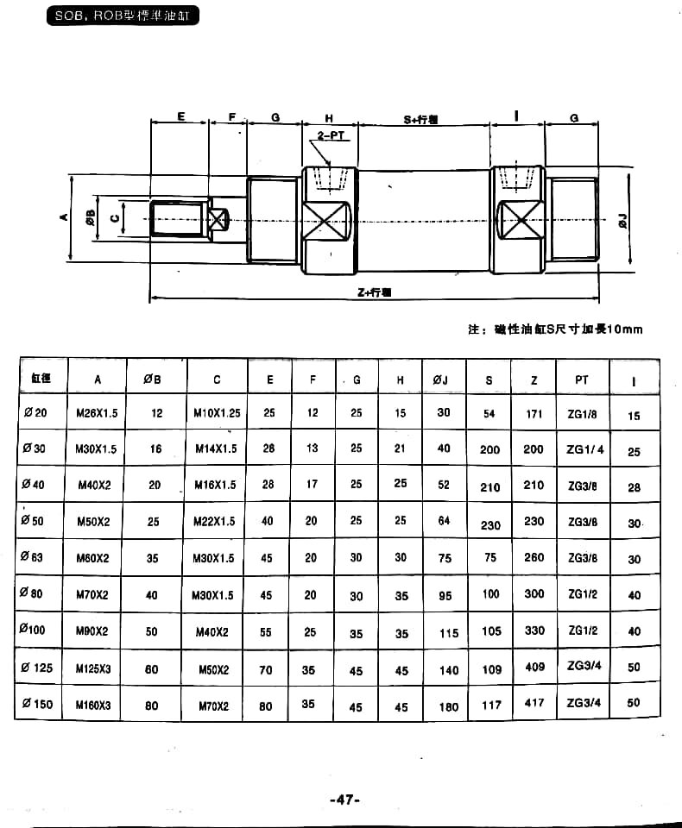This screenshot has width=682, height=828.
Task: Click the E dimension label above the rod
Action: (x=181, y=116)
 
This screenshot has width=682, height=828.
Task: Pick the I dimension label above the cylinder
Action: (x=516, y=116)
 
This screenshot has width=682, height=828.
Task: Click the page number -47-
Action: (x=344, y=800)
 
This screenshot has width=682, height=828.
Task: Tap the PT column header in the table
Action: (x=581, y=379)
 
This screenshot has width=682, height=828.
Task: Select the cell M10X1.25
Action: (x=217, y=413)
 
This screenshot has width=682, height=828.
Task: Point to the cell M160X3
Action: (x=93, y=705)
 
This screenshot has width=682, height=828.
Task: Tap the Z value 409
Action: (x=534, y=667)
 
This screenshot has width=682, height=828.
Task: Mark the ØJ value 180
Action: (x=449, y=706)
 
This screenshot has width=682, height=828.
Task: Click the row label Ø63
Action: (x=34, y=557)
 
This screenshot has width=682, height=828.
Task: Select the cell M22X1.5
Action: (x=215, y=521)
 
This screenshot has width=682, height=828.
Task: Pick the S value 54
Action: (x=489, y=414)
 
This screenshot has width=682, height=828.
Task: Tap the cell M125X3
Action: (x=92, y=668)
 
